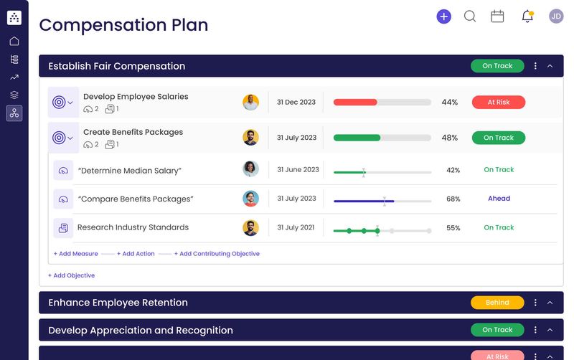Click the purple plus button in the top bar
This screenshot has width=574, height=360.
tap(444, 16)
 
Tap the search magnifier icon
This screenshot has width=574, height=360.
tap(470, 16)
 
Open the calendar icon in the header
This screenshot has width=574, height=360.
tap(497, 16)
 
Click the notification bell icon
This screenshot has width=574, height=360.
tap(527, 16)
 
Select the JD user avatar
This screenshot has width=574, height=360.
tap(556, 16)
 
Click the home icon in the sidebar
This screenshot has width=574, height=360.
tap(14, 42)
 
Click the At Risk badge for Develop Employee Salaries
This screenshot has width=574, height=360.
tap(498, 103)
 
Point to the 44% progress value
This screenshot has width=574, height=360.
tap(450, 103)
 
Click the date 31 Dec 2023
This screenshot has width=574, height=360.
tap(296, 103)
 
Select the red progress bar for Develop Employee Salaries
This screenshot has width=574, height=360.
tap(355, 103)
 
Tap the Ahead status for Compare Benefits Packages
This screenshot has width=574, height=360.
tap(499, 199)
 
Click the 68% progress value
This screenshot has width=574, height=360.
tap(453, 199)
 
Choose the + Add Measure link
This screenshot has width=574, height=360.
tap(76, 254)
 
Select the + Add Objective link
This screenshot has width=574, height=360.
tap(72, 275)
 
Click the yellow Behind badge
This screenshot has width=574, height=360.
tap(497, 303)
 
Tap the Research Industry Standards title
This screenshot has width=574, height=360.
tap(133, 227)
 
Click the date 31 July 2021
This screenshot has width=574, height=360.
tap(296, 228)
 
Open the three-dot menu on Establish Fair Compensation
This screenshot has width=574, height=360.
tap(535, 66)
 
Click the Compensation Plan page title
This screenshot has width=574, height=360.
tap(123, 25)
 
